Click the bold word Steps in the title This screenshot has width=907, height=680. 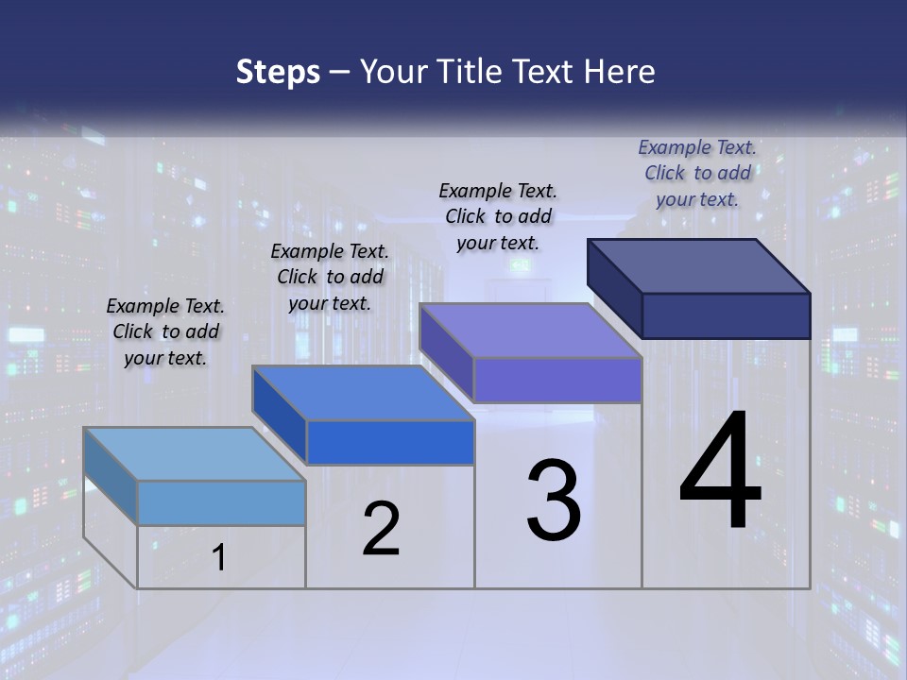coord(278,72)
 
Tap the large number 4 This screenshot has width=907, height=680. coord(720,471)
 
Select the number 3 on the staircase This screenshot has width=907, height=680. coord(554,500)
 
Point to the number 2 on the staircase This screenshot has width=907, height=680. coord(382,529)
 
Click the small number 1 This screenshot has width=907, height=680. coord(219,557)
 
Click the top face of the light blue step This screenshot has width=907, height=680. coord(195,454)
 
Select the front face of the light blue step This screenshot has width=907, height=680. coord(221,502)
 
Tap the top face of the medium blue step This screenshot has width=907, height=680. coord(363,393)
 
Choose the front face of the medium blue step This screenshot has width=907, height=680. coord(390,442)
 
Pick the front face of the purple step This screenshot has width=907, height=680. coord(557,380)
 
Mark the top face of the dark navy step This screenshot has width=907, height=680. coord(699,266)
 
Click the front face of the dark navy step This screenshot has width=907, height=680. coord(726,315)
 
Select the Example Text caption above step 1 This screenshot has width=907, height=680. coord(165,331)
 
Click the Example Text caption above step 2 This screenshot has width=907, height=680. coord(330,277)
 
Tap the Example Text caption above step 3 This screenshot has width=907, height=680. coord(498,216)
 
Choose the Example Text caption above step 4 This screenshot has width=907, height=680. coord(697,173)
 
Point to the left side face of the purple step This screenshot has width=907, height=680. coord(446,351)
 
